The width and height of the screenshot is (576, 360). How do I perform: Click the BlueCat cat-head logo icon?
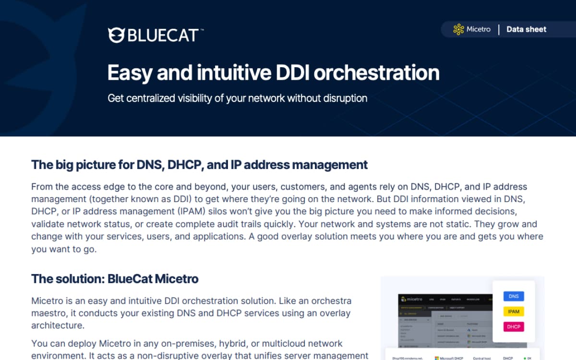click(116, 35)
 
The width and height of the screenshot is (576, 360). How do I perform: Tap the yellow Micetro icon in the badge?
click(458, 29)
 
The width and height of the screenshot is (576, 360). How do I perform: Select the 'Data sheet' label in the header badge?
click(526, 29)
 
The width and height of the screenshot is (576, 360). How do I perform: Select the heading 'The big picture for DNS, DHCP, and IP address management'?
click(199, 165)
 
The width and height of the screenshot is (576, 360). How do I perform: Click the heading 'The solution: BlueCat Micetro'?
click(115, 278)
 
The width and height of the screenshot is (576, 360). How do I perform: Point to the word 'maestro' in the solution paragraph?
click(48, 313)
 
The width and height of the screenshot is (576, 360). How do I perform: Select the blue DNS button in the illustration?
click(514, 296)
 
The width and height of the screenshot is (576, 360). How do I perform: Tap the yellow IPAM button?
click(514, 312)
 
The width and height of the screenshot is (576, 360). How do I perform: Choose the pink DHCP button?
click(514, 327)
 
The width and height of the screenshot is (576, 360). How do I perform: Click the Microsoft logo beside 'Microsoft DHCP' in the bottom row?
click(437, 358)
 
